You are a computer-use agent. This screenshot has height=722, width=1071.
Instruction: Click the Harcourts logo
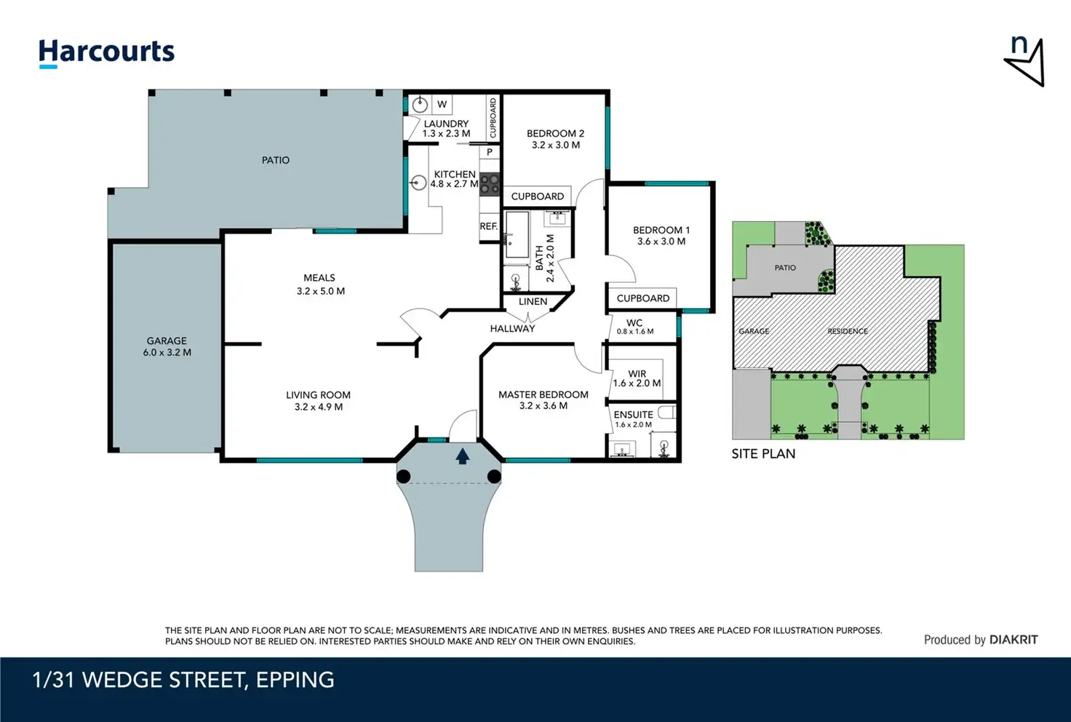106,52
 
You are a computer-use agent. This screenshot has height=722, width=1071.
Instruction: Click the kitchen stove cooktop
490,185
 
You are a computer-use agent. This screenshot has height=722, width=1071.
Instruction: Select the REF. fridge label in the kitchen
489,226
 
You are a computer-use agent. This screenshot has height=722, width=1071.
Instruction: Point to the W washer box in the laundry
442,104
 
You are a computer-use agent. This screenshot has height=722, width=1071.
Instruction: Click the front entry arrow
462,456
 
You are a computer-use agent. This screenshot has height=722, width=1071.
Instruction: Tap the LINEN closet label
533,302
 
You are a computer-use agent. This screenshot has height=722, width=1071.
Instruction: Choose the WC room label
634,322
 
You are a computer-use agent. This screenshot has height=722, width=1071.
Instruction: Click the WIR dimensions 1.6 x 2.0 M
637,384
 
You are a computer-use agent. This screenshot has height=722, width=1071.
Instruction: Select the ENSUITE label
634,415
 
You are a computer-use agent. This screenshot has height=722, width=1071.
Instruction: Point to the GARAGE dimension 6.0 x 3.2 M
167,352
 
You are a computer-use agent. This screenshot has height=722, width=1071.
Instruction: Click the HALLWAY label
512,328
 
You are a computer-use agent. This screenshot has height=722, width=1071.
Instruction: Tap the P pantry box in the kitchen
490,153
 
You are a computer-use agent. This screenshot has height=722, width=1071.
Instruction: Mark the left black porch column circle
404,477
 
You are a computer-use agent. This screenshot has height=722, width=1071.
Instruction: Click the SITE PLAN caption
763,453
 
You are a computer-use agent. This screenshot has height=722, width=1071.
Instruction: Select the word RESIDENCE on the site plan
848,331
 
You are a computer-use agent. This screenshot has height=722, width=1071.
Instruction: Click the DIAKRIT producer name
1014,640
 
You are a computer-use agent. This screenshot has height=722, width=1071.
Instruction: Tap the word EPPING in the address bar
295,680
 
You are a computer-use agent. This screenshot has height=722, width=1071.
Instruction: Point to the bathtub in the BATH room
517,235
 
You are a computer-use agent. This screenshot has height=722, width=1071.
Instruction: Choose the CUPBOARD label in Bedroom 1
642,298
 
